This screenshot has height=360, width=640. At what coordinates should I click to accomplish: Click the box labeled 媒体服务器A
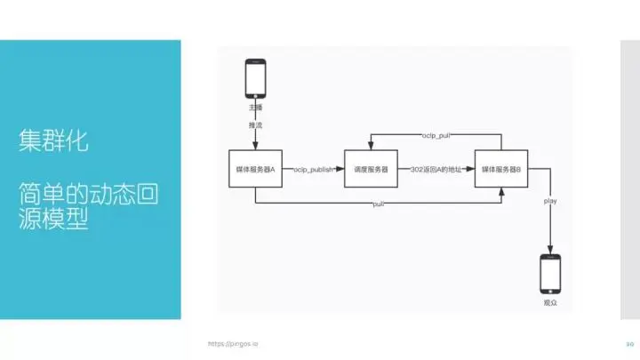(x=255, y=169)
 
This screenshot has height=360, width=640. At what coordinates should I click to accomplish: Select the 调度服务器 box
(x=371, y=169)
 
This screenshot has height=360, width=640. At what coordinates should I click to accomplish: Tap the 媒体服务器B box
(x=502, y=169)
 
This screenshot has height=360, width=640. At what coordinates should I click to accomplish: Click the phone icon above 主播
(x=255, y=79)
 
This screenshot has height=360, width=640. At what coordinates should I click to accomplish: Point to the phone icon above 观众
(x=551, y=274)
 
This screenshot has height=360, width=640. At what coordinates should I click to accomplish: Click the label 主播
(x=255, y=107)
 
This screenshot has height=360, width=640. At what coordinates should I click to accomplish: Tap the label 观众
(x=550, y=303)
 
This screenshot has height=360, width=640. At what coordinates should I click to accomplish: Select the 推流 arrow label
(x=255, y=125)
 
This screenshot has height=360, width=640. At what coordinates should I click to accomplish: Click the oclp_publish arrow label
(x=313, y=169)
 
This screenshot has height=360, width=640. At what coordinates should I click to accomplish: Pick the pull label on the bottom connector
(x=378, y=204)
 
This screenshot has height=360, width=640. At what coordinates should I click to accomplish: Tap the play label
(x=550, y=202)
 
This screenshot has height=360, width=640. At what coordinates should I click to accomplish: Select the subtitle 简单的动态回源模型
(x=88, y=206)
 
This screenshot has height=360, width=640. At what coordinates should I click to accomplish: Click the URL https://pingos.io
(x=233, y=342)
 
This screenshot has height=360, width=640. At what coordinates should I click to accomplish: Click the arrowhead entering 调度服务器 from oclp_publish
(x=341, y=169)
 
